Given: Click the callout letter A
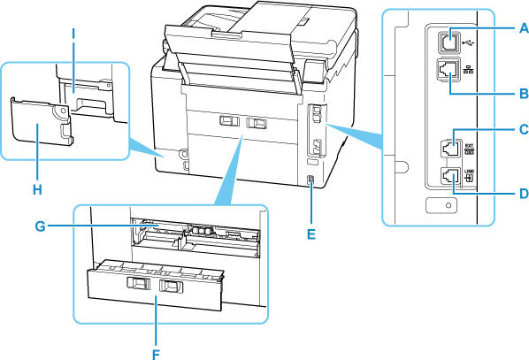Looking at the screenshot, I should [523, 28].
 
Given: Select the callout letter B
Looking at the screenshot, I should [523, 92].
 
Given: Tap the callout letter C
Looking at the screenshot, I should [523, 129].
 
